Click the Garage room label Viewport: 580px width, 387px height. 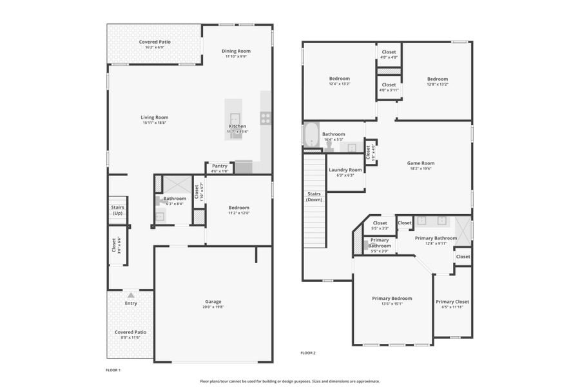[x=213, y=301]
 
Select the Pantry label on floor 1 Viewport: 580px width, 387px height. [x=220, y=166]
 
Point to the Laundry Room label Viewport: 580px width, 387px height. [x=345, y=170]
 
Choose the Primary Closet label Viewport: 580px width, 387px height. [x=452, y=301]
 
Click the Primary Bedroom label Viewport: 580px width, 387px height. [x=392, y=298]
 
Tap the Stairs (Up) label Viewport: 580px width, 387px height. [x=117, y=210]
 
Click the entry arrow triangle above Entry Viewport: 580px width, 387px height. [x=131, y=295]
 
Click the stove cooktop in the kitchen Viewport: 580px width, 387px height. [x=265, y=117]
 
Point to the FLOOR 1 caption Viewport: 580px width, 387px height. [x=113, y=370]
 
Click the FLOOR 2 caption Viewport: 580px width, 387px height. [x=307, y=353]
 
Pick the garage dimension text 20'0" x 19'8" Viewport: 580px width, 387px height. [x=213, y=307]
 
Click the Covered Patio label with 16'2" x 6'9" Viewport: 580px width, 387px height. [x=155, y=42]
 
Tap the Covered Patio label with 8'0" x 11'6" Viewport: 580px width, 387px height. [x=131, y=332]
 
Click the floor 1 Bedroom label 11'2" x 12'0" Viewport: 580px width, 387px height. [x=238, y=208]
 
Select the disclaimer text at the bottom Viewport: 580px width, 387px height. [x=289, y=381]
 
